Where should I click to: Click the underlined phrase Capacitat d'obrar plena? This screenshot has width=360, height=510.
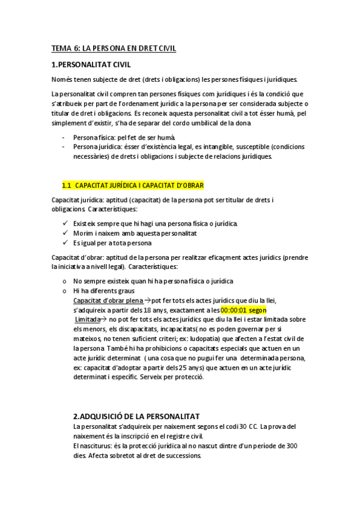(x=111, y=300)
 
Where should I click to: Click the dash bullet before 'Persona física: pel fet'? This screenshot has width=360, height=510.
(x=64, y=138)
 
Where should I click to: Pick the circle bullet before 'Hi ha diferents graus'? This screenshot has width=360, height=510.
(x=64, y=290)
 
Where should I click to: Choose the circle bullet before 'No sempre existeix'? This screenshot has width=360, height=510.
(x=64, y=281)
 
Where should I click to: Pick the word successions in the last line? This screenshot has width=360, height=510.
(x=182, y=455)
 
